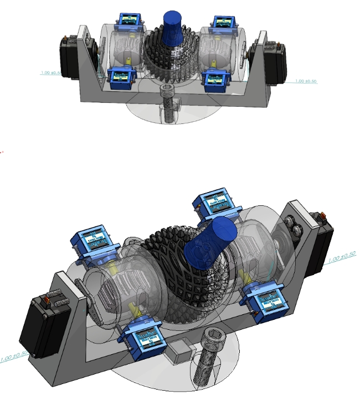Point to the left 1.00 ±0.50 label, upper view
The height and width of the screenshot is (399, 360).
tap(52, 72)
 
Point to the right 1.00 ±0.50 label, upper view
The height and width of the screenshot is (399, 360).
tap(306, 81)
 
